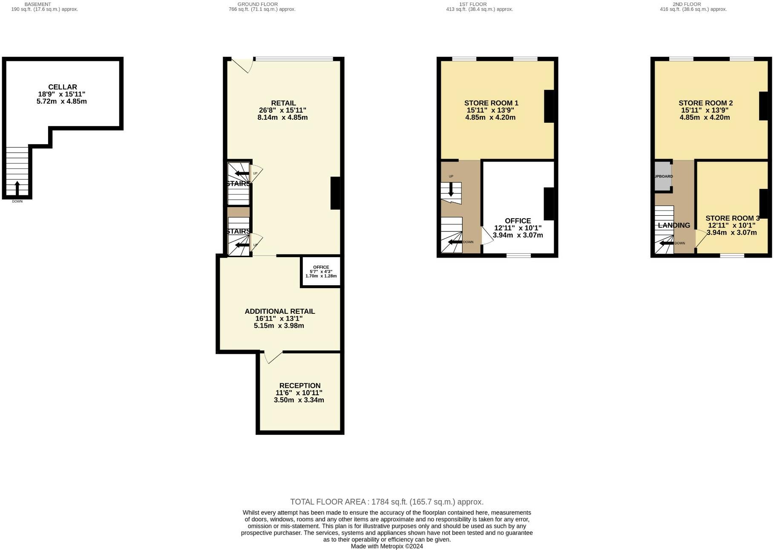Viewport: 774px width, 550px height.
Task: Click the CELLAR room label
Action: [x=62, y=87]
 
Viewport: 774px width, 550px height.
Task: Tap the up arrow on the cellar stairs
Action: [x=17, y=188]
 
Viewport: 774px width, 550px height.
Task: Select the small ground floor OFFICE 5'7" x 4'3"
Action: [x=321, y=272]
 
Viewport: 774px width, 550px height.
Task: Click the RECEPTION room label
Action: [x=299, y=385]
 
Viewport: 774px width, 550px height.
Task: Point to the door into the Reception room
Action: [x=273, y=357]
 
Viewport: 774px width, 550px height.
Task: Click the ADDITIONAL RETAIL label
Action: [x=279, y=311]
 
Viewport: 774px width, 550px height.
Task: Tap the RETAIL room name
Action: [x=283, y=103]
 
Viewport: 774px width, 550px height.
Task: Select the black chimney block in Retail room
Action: [x=335, y=193]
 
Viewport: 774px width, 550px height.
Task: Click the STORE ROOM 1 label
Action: [x=491, y=103]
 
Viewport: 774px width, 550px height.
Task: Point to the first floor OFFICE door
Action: [x=487, y=235]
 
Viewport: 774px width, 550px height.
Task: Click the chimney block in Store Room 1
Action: [x=549, y=106]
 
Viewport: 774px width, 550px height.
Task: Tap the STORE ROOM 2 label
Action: [x=705, y=103]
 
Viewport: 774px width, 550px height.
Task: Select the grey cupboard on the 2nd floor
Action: [x=663, y=176]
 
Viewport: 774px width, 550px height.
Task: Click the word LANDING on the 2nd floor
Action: [x=673, y=226]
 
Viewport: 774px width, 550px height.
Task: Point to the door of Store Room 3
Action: [x=700, y=238]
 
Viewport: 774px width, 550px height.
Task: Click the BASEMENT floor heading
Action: [x=37, y=4]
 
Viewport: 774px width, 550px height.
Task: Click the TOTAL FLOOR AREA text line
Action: [x=386, y=502]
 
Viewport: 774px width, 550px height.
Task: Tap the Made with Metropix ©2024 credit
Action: [x=386, y=546]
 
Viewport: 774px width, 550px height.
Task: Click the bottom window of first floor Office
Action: [x=518, y=255]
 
